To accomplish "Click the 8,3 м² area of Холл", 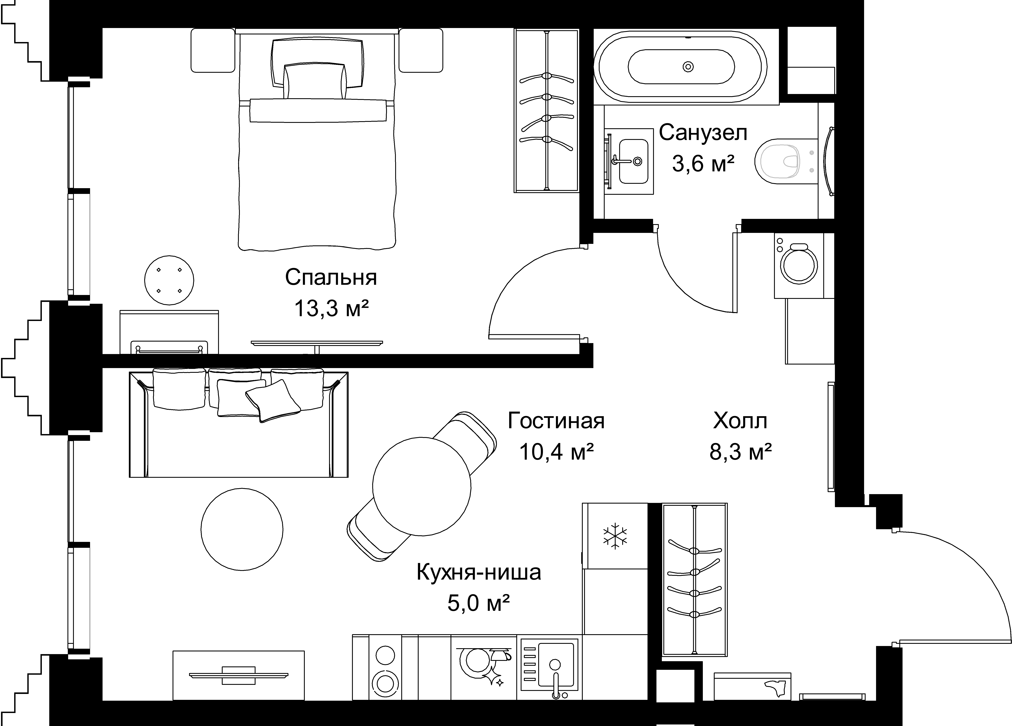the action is (x=741, y=452).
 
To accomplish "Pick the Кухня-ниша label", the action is (x=479, y=572).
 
